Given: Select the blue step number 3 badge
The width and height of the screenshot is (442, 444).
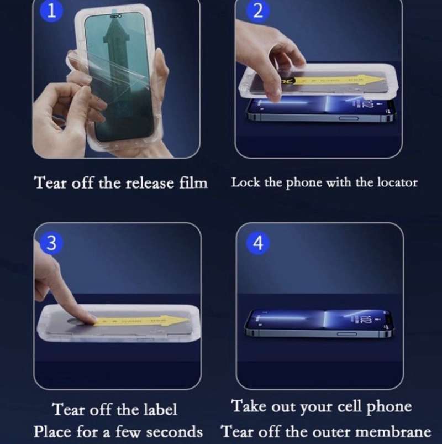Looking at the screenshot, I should point(51,243).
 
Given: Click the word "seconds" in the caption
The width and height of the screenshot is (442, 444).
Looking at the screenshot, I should point(174,431).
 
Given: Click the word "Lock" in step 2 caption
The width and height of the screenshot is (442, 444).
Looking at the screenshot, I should point(243,182).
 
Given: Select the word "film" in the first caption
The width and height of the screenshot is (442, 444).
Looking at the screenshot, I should point(193,182).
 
